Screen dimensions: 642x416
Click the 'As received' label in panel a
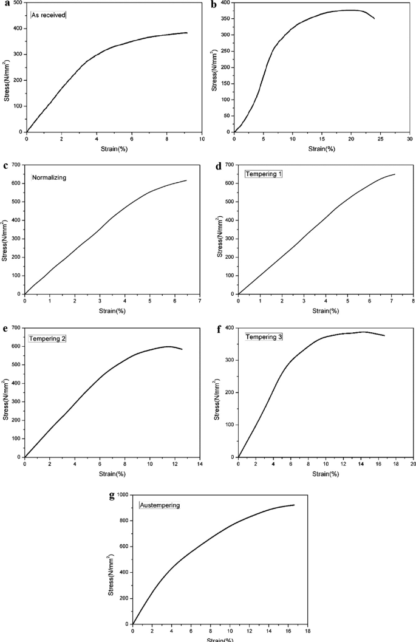pyautogui.click(x=48, y=15)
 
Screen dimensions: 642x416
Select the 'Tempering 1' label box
pyautogui.click(x=263, y=174)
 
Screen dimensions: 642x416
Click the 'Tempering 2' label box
pyautogui.click(x=47, y=338)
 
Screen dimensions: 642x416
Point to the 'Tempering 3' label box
pyautogui.click(x=263, y=336)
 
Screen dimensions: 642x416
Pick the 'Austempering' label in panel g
pyautogui.click(x=160, y=505)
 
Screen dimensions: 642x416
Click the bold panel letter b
pyautogui.click(x=213, y=5)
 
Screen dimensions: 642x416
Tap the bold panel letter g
pyautogui.click(x=111, y=496)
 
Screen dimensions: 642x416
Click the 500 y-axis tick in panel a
pyautogui.click(x=18, y=3)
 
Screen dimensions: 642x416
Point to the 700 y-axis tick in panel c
pyautogui.click(x=16, y=165)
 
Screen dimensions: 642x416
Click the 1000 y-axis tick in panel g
pyautogui.click(x=122, y=495)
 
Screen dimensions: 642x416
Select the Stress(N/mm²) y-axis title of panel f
pyautogui.click(x=217, y=392)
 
